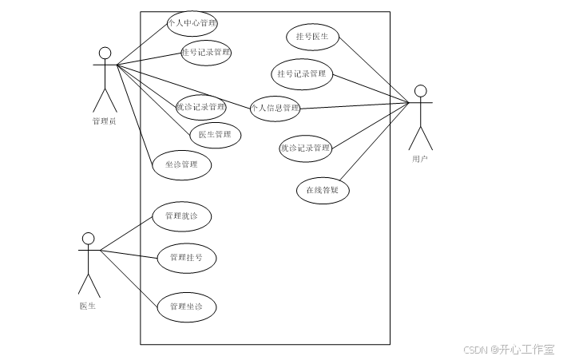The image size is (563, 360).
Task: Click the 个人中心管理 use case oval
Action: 192,24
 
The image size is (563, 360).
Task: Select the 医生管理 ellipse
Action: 215,134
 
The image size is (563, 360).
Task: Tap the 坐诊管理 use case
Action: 182,165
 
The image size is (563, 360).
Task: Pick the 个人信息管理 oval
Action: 275,108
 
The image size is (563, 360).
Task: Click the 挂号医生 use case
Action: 312,37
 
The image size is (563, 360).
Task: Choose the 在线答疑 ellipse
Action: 323,190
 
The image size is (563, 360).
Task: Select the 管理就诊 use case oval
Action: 182,216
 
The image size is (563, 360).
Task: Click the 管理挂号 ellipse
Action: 186,258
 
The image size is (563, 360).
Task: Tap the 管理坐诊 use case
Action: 186,307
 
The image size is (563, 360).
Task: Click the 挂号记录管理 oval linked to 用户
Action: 302,74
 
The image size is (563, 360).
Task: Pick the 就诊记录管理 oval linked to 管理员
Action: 200,107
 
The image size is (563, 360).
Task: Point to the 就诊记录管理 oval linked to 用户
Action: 305,148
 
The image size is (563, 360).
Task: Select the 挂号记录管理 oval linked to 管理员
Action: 206,53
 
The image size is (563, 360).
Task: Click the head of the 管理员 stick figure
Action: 105,53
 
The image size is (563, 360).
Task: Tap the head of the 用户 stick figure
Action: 420,90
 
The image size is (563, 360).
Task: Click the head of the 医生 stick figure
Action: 89,239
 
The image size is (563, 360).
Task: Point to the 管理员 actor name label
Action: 105,121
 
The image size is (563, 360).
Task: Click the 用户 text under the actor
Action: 420,159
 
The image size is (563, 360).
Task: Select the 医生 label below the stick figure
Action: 88,307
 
